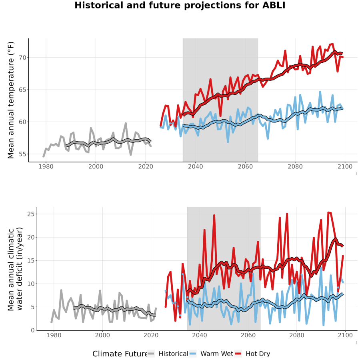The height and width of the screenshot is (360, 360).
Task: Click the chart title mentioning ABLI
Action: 180,5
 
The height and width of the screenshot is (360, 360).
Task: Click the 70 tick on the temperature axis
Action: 23,58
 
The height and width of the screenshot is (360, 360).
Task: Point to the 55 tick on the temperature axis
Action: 23,154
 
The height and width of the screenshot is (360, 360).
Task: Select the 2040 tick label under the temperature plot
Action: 195,166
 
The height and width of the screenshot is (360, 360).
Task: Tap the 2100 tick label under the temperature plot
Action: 345,166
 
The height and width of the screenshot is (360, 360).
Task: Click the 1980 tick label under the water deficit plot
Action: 54,335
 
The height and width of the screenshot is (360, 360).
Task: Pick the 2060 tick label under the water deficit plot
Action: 248,335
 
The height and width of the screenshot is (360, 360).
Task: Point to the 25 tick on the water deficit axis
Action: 31,214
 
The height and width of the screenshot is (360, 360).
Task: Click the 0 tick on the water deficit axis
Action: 33,330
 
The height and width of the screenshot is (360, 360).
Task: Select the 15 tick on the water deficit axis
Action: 31,260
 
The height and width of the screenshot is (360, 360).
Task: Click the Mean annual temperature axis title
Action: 11,100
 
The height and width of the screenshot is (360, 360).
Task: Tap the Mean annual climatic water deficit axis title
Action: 15,269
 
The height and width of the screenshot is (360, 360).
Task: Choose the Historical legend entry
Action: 168,354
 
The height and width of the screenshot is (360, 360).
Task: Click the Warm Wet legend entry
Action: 211,354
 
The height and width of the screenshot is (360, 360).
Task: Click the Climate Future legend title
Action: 120,354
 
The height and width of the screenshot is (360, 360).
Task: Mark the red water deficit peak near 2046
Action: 214,215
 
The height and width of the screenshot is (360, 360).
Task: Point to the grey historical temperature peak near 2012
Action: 126,123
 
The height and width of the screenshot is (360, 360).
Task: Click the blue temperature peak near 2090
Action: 320,92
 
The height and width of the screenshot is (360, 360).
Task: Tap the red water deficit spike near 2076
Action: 287,214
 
